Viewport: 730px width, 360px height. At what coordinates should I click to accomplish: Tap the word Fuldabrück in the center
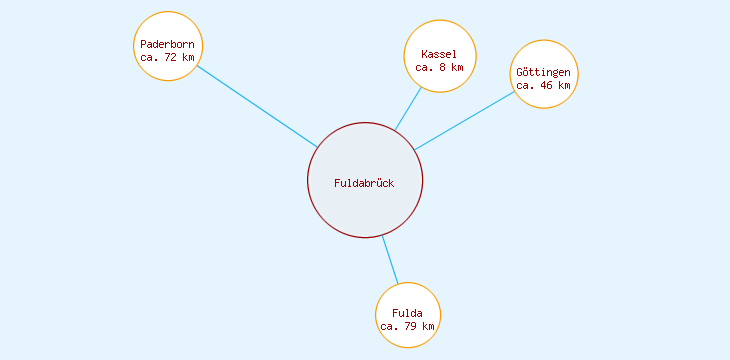(x=364, y=183)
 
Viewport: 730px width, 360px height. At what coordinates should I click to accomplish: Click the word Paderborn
(x=168, y=44)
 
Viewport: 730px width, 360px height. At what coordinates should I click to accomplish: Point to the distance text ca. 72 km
(x=168, y=57)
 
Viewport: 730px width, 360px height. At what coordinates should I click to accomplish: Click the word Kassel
(x=439, y=54)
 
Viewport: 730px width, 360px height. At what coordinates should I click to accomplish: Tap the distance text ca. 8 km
(x=440, y=67)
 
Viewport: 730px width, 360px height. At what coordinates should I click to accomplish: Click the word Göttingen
(x=544, y=73)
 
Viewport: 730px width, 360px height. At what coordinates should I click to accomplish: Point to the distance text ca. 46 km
(x=544, y=86)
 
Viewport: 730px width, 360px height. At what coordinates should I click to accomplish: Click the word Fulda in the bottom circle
(x=408, y=313)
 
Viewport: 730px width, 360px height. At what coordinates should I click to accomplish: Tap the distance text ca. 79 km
(x=408, y=326)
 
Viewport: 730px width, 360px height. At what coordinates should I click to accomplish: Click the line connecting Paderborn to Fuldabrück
(x=256, y=106)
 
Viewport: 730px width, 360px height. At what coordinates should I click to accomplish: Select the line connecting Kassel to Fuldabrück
(x=408, y=109)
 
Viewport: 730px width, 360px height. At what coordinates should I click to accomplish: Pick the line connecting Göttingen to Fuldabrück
(x=465, y=121)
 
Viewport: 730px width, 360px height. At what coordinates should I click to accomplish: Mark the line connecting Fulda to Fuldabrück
(x=390, y=260)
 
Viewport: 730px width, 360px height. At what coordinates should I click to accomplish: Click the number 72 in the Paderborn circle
(x=170, y=57)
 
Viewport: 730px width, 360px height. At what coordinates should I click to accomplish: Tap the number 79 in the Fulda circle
(x=410, y=326)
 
